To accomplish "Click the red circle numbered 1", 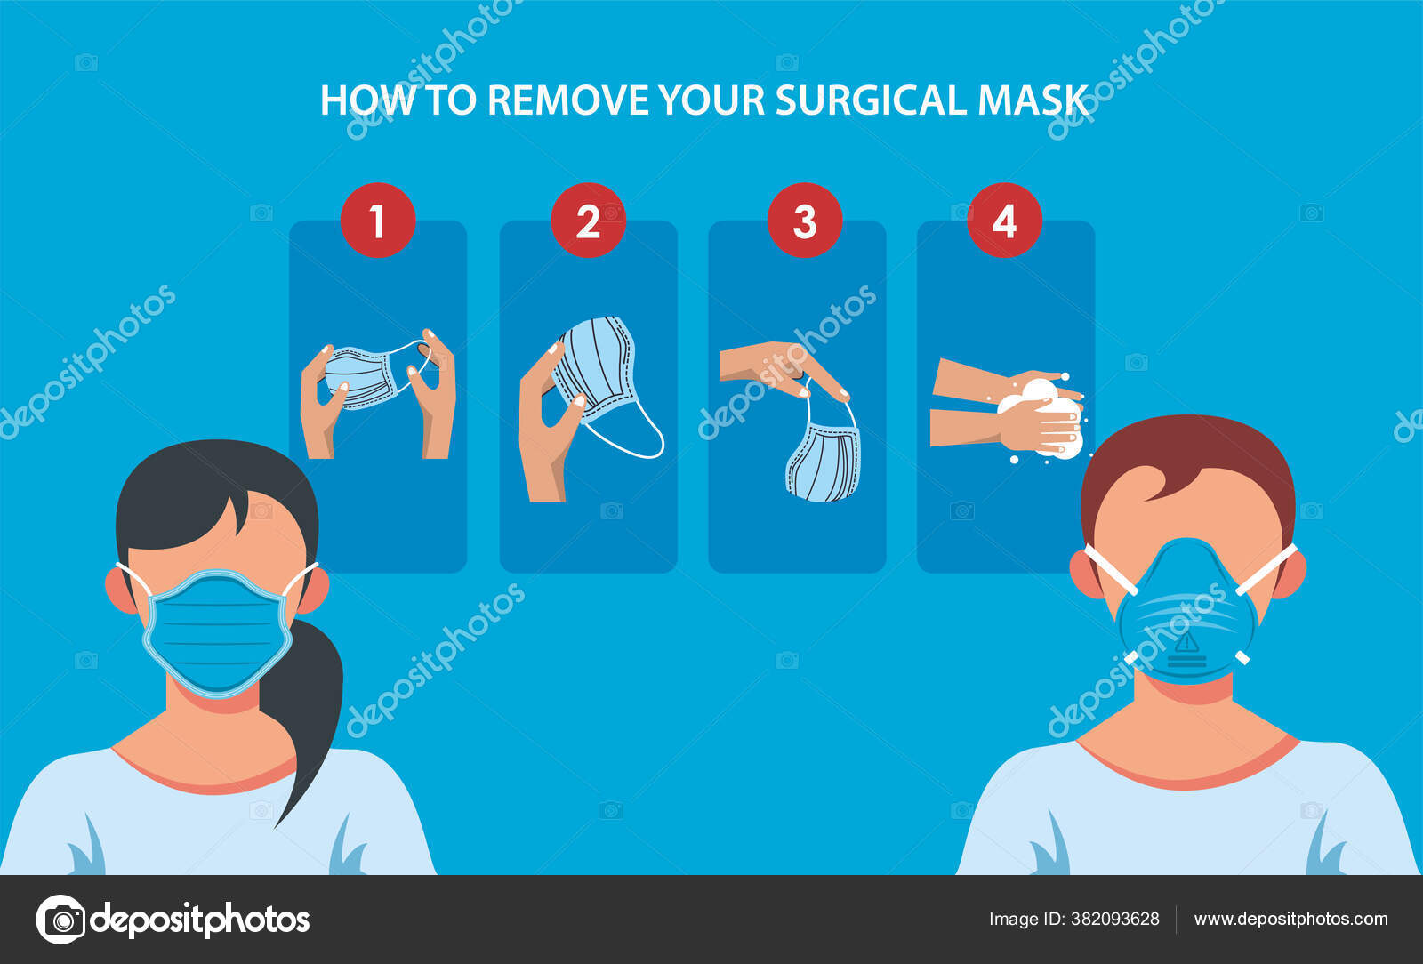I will click(x=378, y=221).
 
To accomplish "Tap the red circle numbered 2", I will click(x=588, y=221).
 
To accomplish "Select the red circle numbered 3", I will click(x=805, y=221).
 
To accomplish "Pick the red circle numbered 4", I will click(x=1004, y=221).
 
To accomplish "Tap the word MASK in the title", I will click(x=1033, y=100).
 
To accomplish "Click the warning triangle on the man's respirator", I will click(x=1187, y=642).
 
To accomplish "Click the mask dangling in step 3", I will click(x=824, y=462).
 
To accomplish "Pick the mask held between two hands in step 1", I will click(x=365, y=376).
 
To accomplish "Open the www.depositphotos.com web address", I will click(x=1290, y=919).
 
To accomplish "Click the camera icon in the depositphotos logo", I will click(x=60, y=919).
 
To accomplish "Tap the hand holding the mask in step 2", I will click(x=544, y=427).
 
